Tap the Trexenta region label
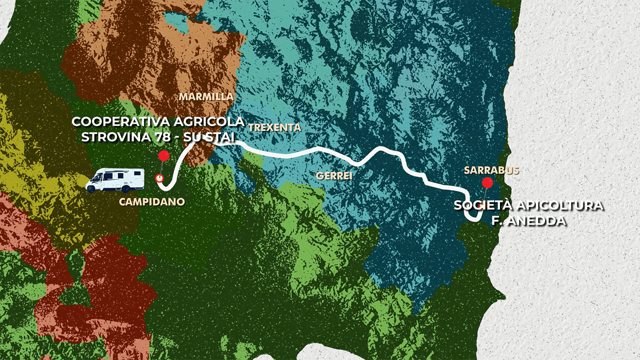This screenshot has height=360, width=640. click(x=274, y=127)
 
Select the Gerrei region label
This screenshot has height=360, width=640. click(x=334, y=175)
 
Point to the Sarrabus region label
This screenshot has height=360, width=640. click(x=491, y=170)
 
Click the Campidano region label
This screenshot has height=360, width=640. click(x=152, y=202)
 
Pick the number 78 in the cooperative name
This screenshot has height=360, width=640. click(x=162, y=136)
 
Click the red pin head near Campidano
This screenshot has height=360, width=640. click(x=163, y=156)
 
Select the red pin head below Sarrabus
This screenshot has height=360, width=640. click(x=487, y=183)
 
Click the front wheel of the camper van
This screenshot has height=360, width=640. click(x=92, y=188)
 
